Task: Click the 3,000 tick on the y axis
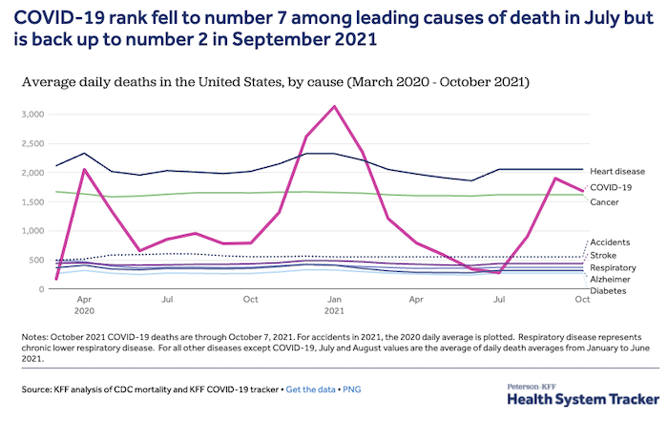coord(31,115)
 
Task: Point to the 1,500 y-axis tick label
coord(31,202)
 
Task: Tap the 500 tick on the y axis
coord(37,260)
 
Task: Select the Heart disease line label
coord(616,170)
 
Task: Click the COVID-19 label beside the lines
coord(612,187)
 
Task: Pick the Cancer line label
coord(604,202)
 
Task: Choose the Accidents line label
coord(610,242)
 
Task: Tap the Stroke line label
coord(602,256)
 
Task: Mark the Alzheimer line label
coord(610,279)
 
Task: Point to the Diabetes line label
coord(608,291)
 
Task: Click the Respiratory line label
coord(614,267)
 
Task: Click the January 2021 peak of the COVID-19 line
coord(332,106)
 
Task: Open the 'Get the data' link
coord(317,389)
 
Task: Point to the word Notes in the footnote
coord(34,338)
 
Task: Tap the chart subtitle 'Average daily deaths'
coord(91,83)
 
